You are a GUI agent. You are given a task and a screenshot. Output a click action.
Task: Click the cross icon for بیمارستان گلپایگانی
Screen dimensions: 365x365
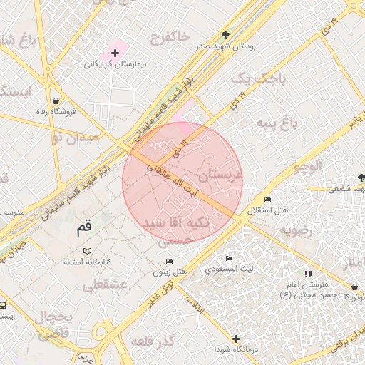[115, 53]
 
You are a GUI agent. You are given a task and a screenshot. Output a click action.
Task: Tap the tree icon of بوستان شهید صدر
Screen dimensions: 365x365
[226, 34]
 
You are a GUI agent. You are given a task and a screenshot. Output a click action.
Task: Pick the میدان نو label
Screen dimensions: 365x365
[81, 137]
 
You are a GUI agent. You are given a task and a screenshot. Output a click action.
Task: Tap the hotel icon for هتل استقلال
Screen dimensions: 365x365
[267, 200]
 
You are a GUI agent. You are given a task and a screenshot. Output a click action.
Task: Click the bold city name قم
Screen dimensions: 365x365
[84, 228]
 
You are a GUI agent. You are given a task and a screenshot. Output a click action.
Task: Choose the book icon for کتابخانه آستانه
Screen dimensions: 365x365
[88, 251]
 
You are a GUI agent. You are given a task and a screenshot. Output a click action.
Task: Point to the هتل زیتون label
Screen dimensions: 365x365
[170, 272]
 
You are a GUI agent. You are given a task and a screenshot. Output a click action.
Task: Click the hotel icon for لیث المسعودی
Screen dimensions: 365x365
[229, 259]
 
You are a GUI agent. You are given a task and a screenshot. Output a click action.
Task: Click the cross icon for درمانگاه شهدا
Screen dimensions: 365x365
[237, 339]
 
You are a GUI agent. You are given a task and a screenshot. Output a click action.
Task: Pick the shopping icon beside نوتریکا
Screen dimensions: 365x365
[354, 287]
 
